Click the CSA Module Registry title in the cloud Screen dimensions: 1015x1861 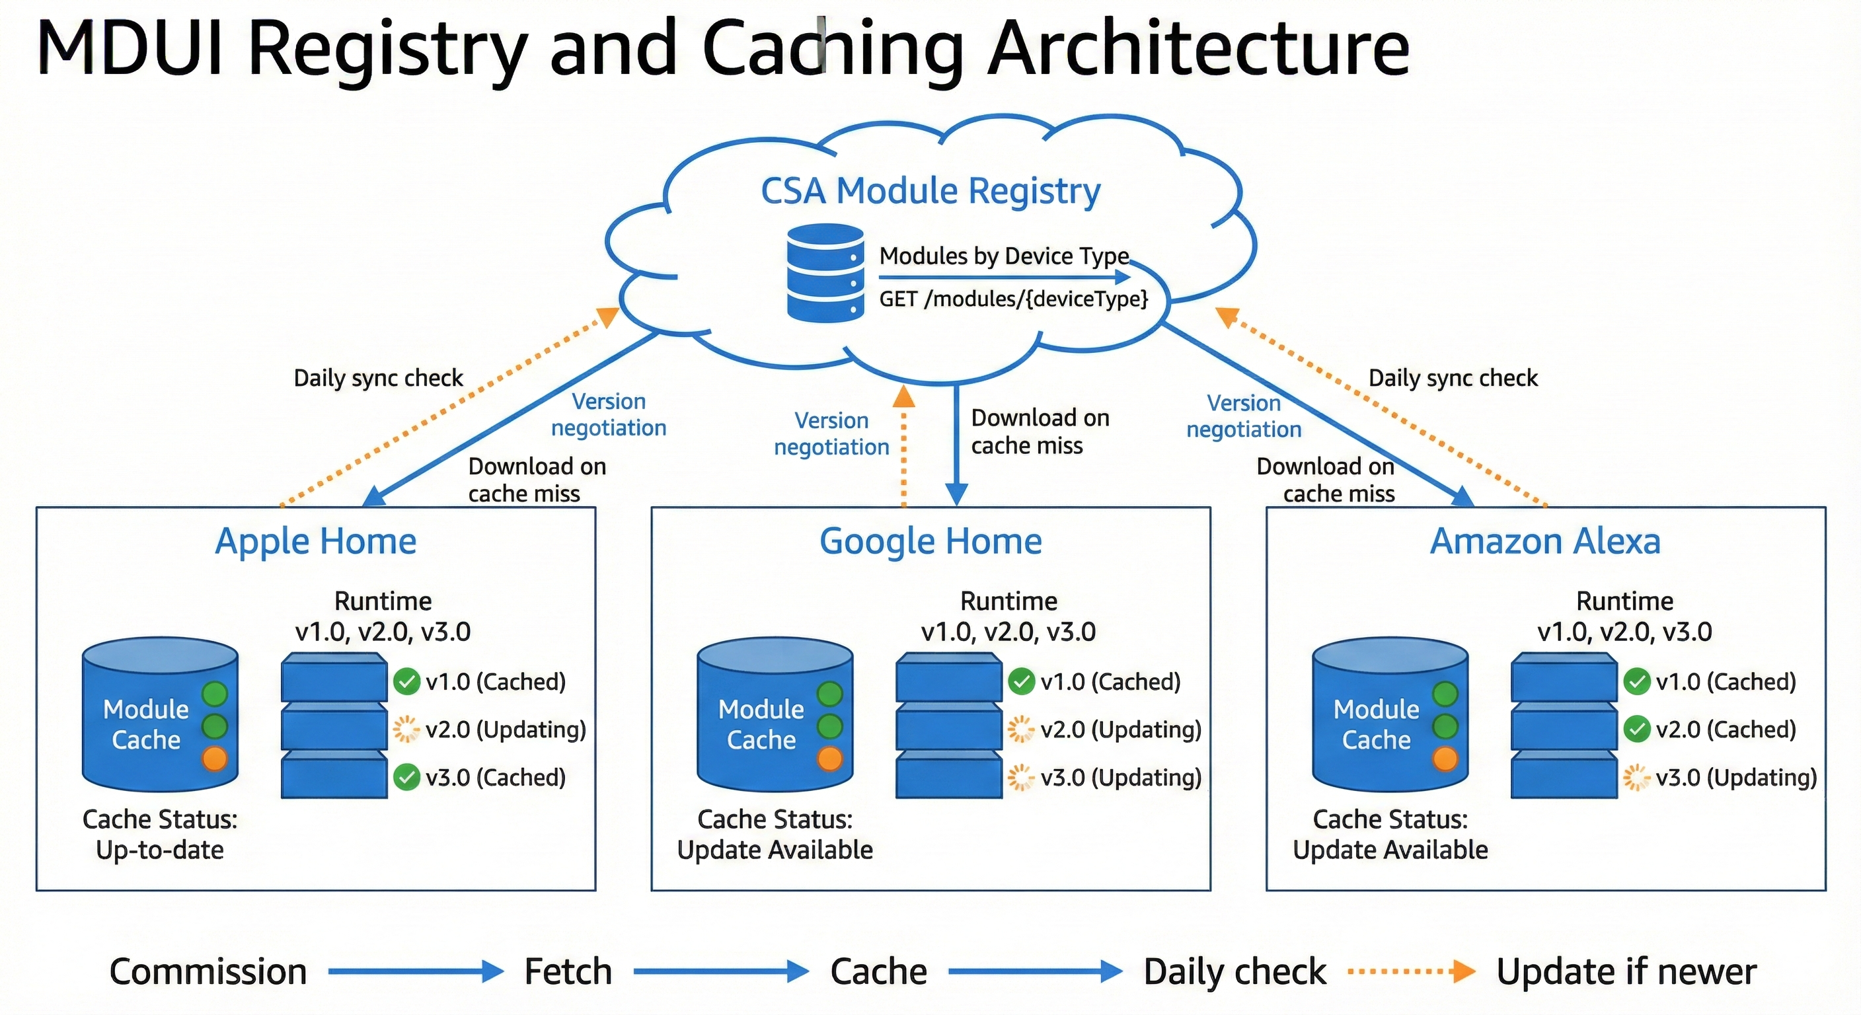tap(930, 192)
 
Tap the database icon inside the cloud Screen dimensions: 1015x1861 tap(825, 273)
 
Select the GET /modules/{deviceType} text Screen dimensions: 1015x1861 tap(1013, 299)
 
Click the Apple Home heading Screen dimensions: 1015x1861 tap(316, 541)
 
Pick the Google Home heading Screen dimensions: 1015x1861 tap(930, 541)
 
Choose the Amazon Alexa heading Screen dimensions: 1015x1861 tap(1545, 541)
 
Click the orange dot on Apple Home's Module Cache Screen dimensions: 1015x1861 tap(215, 759)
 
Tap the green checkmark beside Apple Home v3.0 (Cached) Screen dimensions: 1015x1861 tap(406, 777)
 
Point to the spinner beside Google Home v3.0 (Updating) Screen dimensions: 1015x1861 tap(1021, 777)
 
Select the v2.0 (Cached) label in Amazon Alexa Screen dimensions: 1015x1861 tap(1725, 730)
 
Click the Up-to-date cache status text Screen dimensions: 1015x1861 tap(160, 850)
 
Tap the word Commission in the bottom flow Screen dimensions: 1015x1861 tap(208, 971)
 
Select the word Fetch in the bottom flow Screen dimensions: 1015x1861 tap(568, 971)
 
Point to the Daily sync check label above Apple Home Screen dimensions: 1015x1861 tap(378, 378)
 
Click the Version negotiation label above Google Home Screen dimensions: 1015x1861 tap(831, 433)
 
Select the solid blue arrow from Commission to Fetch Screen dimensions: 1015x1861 tap(416, 971)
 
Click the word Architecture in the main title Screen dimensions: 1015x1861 tap(1199, 48)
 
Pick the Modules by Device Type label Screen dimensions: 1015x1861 tap(1003, 256)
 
